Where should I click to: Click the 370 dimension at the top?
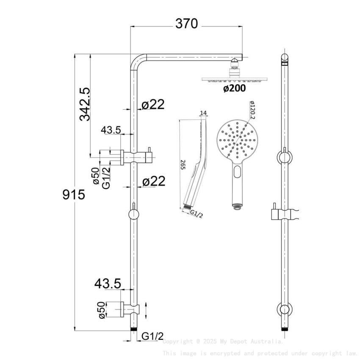[x=186, y=24]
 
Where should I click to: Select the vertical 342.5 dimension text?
[x=85, y=104]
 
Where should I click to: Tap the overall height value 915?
[x=74, y=194]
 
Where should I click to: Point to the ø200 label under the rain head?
[x=234, y=89]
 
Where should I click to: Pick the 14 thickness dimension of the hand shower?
[x=203, y=113]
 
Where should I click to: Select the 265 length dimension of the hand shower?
[x=183, y=164]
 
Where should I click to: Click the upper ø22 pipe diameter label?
[x=153, y=105]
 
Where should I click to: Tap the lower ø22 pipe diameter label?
[x=153, y=181]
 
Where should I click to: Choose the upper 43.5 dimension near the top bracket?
[x=111, y=130]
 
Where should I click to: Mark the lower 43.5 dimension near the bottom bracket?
[x=108, y=283]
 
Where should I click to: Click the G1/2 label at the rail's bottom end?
[x=152, y=336]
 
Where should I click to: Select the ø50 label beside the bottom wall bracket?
[x=101, y=310]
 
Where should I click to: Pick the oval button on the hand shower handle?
[x=238, y=172]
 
